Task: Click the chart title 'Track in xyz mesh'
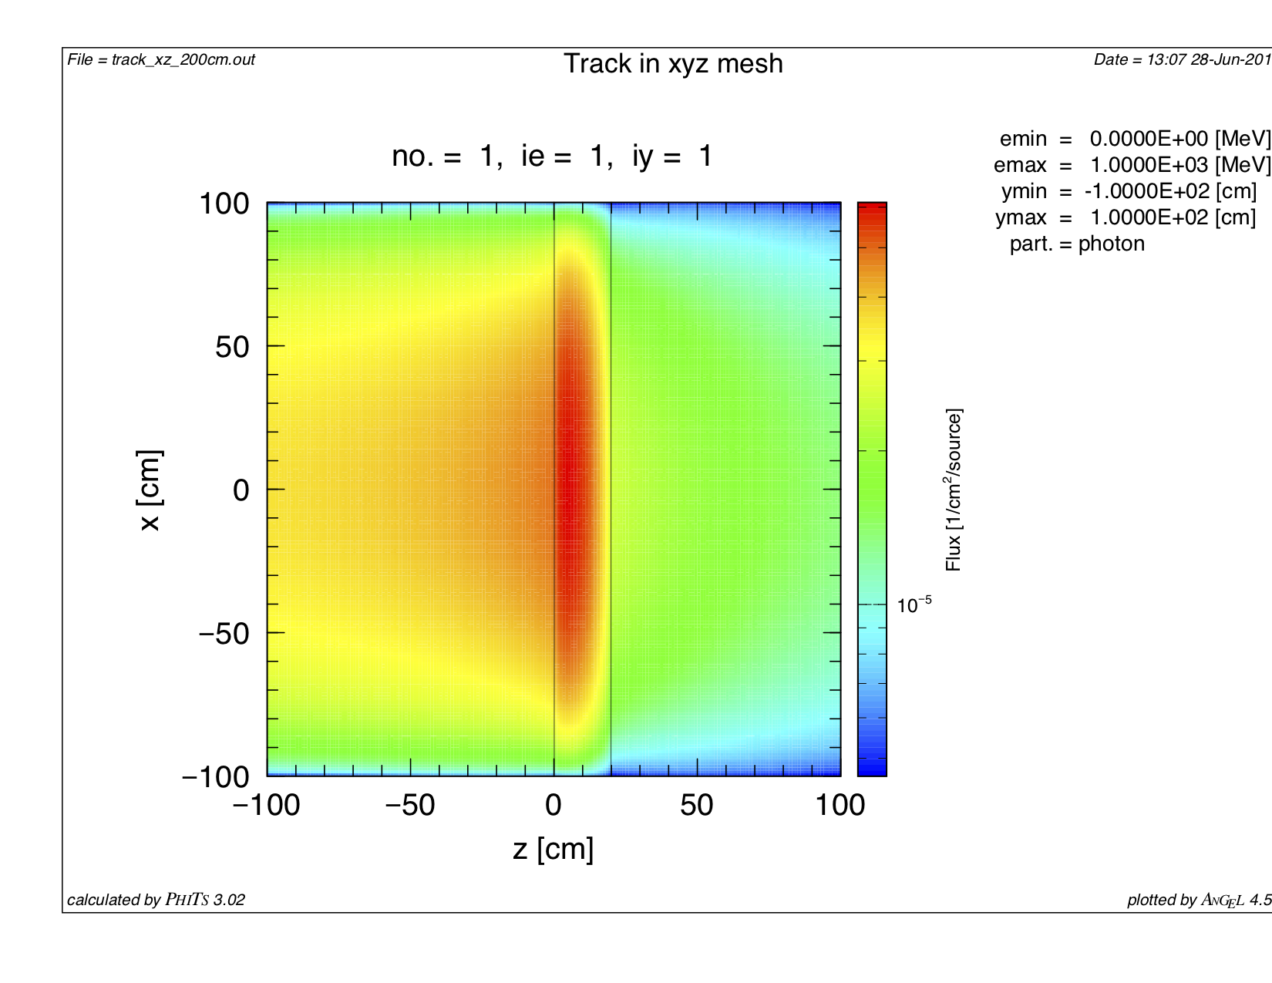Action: tap(673, 64)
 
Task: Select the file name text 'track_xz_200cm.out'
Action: tap(183, 60)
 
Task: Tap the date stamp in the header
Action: tap(1182, 60)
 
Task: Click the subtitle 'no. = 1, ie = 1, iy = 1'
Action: tap(552, 157)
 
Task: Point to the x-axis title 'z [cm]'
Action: tap(553, 849)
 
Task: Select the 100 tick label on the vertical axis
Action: tap(224, 204)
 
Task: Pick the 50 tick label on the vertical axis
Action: tap(233, 347)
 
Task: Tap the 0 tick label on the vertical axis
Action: tap(241, 490)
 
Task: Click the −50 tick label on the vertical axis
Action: tap(224, 633)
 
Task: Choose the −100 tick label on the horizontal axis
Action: tap(267, 806)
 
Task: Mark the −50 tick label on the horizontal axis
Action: tap(410, 806)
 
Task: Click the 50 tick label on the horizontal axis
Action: tap(697, 806)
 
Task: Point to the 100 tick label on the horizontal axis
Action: tap(840, 806)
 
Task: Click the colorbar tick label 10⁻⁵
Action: tap(914, 605)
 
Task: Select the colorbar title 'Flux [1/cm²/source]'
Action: tap(954, 490)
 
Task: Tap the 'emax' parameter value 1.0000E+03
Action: tap(1149, 165)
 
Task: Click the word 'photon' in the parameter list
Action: tap(1111, 244)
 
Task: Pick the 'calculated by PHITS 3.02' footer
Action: tap(156, 900)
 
